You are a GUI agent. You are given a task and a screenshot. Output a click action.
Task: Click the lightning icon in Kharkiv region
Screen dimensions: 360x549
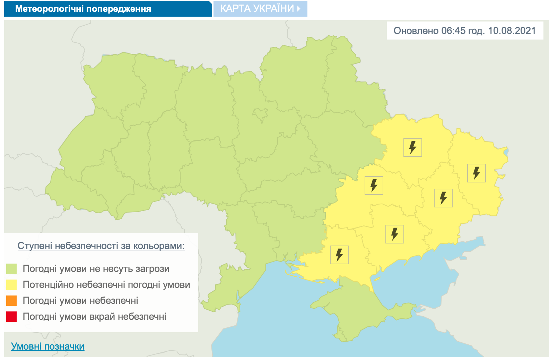pos(412,147)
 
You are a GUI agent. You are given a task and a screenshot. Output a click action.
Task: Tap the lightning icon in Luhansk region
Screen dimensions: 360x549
pos(476,173)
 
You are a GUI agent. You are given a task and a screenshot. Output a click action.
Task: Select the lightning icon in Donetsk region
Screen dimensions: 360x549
pos(443,198)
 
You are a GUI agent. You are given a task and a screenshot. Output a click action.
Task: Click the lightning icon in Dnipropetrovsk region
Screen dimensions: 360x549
pos(374,186)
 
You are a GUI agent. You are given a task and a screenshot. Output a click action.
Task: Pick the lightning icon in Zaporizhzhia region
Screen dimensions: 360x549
pos(394,234)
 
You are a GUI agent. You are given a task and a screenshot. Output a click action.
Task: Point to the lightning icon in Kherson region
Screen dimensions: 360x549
pos(339,255)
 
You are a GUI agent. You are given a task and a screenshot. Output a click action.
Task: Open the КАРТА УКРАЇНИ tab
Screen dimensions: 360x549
pos(260,9)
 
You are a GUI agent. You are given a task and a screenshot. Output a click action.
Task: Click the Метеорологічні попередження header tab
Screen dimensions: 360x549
pos(83,9)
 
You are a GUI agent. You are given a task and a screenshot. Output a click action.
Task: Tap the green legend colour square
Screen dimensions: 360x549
pos(11,269)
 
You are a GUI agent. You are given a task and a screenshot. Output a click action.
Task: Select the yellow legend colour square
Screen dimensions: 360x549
pos(11,285)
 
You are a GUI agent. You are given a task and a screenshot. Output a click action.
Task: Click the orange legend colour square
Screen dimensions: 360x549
pos(11,301)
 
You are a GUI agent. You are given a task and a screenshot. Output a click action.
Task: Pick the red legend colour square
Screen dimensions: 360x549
pos(11,317)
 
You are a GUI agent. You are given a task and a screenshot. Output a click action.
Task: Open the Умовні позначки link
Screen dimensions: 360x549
pos(47,346)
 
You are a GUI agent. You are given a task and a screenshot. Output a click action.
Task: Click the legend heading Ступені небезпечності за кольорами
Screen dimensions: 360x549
pos(101,246)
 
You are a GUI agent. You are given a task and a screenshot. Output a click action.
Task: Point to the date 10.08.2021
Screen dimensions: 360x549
pos(512,31)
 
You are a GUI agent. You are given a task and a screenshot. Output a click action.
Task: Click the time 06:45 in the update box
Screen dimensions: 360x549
pos(453,31)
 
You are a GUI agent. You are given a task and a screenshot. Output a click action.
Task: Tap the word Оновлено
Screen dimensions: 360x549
pos(416,31)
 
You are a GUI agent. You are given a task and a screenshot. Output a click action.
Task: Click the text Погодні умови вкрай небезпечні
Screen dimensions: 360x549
pos(94,317)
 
